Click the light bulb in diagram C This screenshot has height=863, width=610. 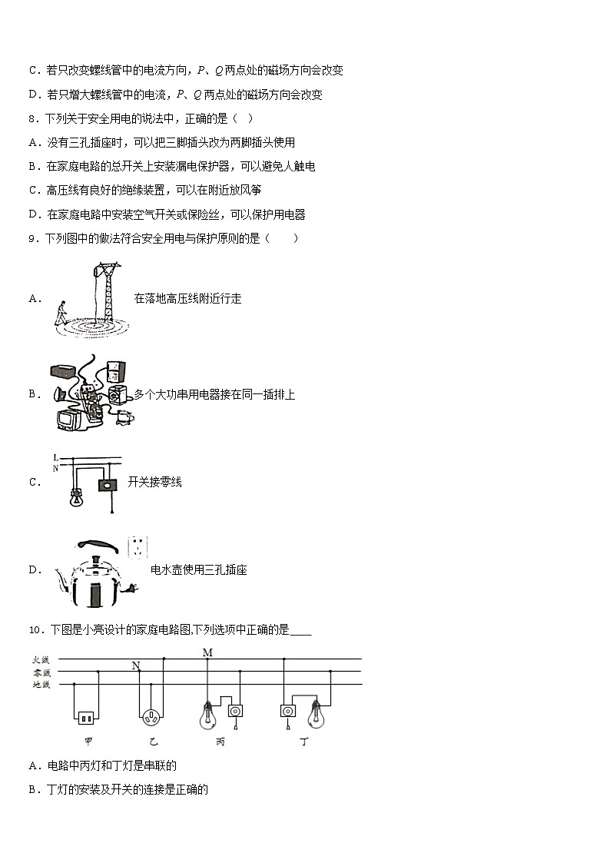coord(77,496)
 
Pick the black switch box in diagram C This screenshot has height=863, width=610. coord(106,484)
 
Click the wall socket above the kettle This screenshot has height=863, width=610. coord(138,547)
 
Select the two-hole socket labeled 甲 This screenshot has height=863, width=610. coord(85,718)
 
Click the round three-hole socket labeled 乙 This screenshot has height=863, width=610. coord(151,718)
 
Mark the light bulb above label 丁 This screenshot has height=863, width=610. coord(316,716)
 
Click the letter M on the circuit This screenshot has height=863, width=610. coord(207,653)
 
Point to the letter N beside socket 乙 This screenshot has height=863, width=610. coord(136,666)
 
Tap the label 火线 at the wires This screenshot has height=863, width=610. coord(40,659)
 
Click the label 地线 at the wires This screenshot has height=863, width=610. coord(40,684)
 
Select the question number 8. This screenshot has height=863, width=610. coord(31,118)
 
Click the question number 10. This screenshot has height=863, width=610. coord(35,630)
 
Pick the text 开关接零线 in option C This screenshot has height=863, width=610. coord(154,482)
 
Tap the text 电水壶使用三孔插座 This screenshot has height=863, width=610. coord(199,569)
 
